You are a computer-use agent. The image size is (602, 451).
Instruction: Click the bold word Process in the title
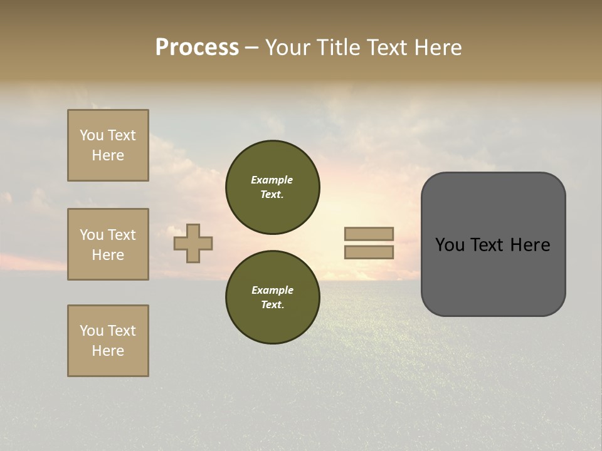(197, 48)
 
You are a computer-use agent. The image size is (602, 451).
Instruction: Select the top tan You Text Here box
(108, 145)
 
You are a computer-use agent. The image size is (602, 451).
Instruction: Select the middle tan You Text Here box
(108, 244)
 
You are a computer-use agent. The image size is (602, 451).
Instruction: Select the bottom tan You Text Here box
(108, 341)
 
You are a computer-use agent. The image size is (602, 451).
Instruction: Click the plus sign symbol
(193, 243)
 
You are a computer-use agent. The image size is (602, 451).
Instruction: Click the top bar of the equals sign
(369, 234)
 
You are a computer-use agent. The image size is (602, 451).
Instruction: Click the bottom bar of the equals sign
(369, 252)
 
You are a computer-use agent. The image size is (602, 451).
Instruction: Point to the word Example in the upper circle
(272, 180)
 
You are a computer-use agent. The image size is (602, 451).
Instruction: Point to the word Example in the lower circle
(272, 290)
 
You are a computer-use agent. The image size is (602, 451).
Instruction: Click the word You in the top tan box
(92, 135)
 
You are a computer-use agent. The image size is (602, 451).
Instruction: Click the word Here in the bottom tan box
(108, 351)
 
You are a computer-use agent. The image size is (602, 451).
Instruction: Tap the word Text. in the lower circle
(272, 304)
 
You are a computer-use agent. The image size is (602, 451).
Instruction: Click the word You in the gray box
(449, 245)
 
